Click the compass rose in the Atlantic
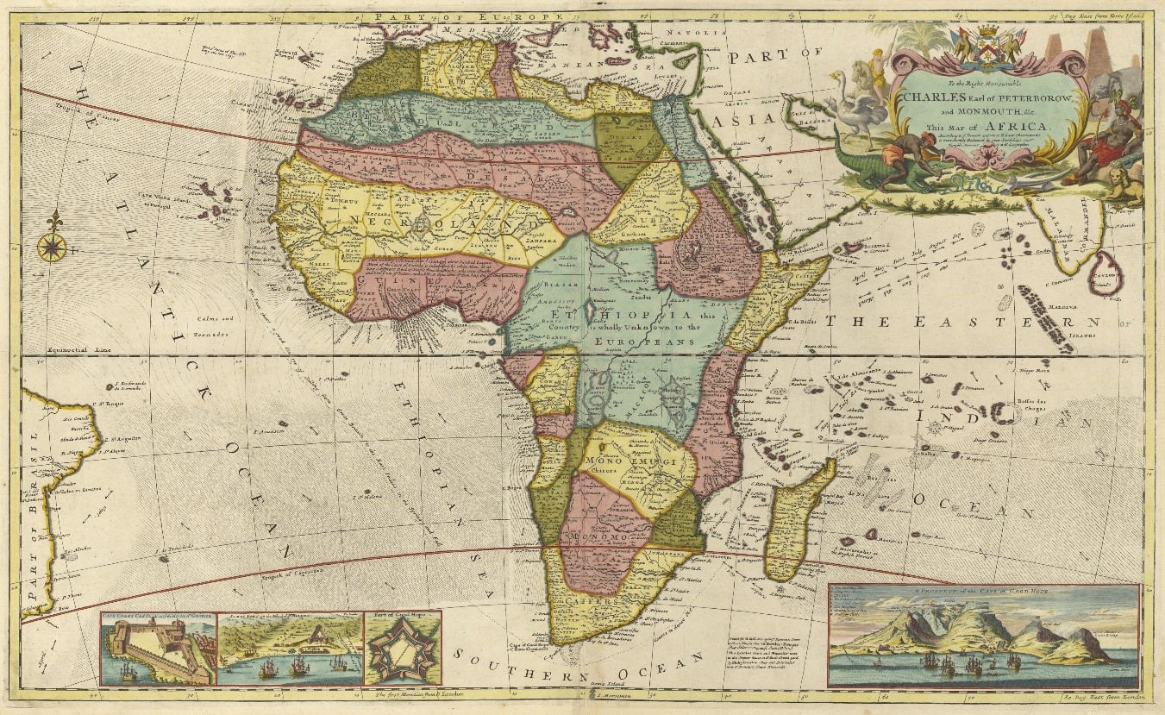tap(53, 246)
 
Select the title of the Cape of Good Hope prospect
tap(983, 591)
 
